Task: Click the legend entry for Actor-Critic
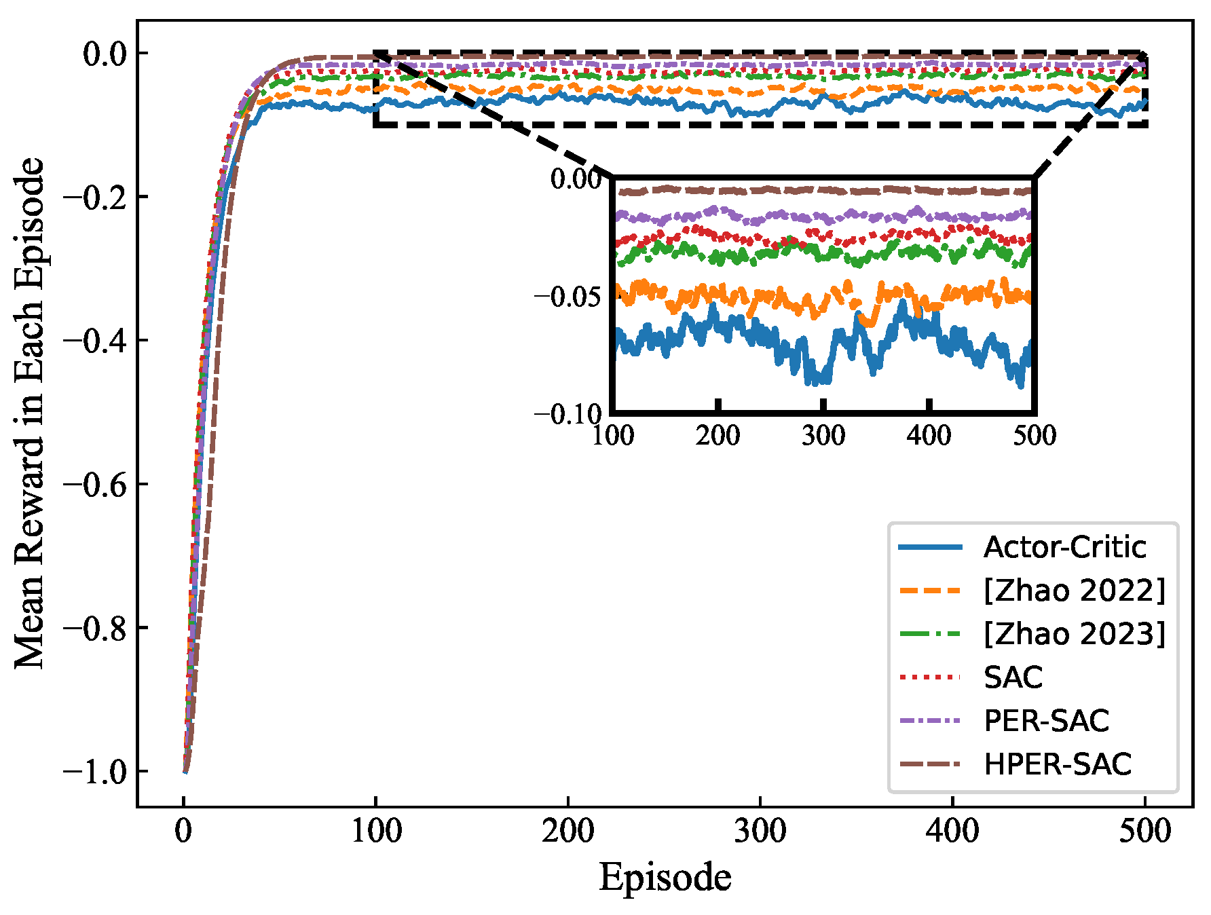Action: coord(1064,547)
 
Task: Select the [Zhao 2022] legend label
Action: coord(1074,591)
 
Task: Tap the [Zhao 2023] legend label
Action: coord(1074,634)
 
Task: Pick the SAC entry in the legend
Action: coord(1013,677)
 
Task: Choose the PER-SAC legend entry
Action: coord(1046,721)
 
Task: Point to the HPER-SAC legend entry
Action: coord(1057,764)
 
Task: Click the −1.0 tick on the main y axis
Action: coord(95,772)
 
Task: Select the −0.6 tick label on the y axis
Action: coord(95,485)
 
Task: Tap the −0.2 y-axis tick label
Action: coord(95,198)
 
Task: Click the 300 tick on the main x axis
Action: coord(760,831)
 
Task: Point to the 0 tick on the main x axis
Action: coord(183,831)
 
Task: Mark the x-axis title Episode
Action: coord(665,877)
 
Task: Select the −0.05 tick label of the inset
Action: coord(567,297)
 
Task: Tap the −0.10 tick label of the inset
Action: coord(567,414)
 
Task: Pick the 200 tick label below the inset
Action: coord(718,435)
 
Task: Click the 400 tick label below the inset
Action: coord(929,435)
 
